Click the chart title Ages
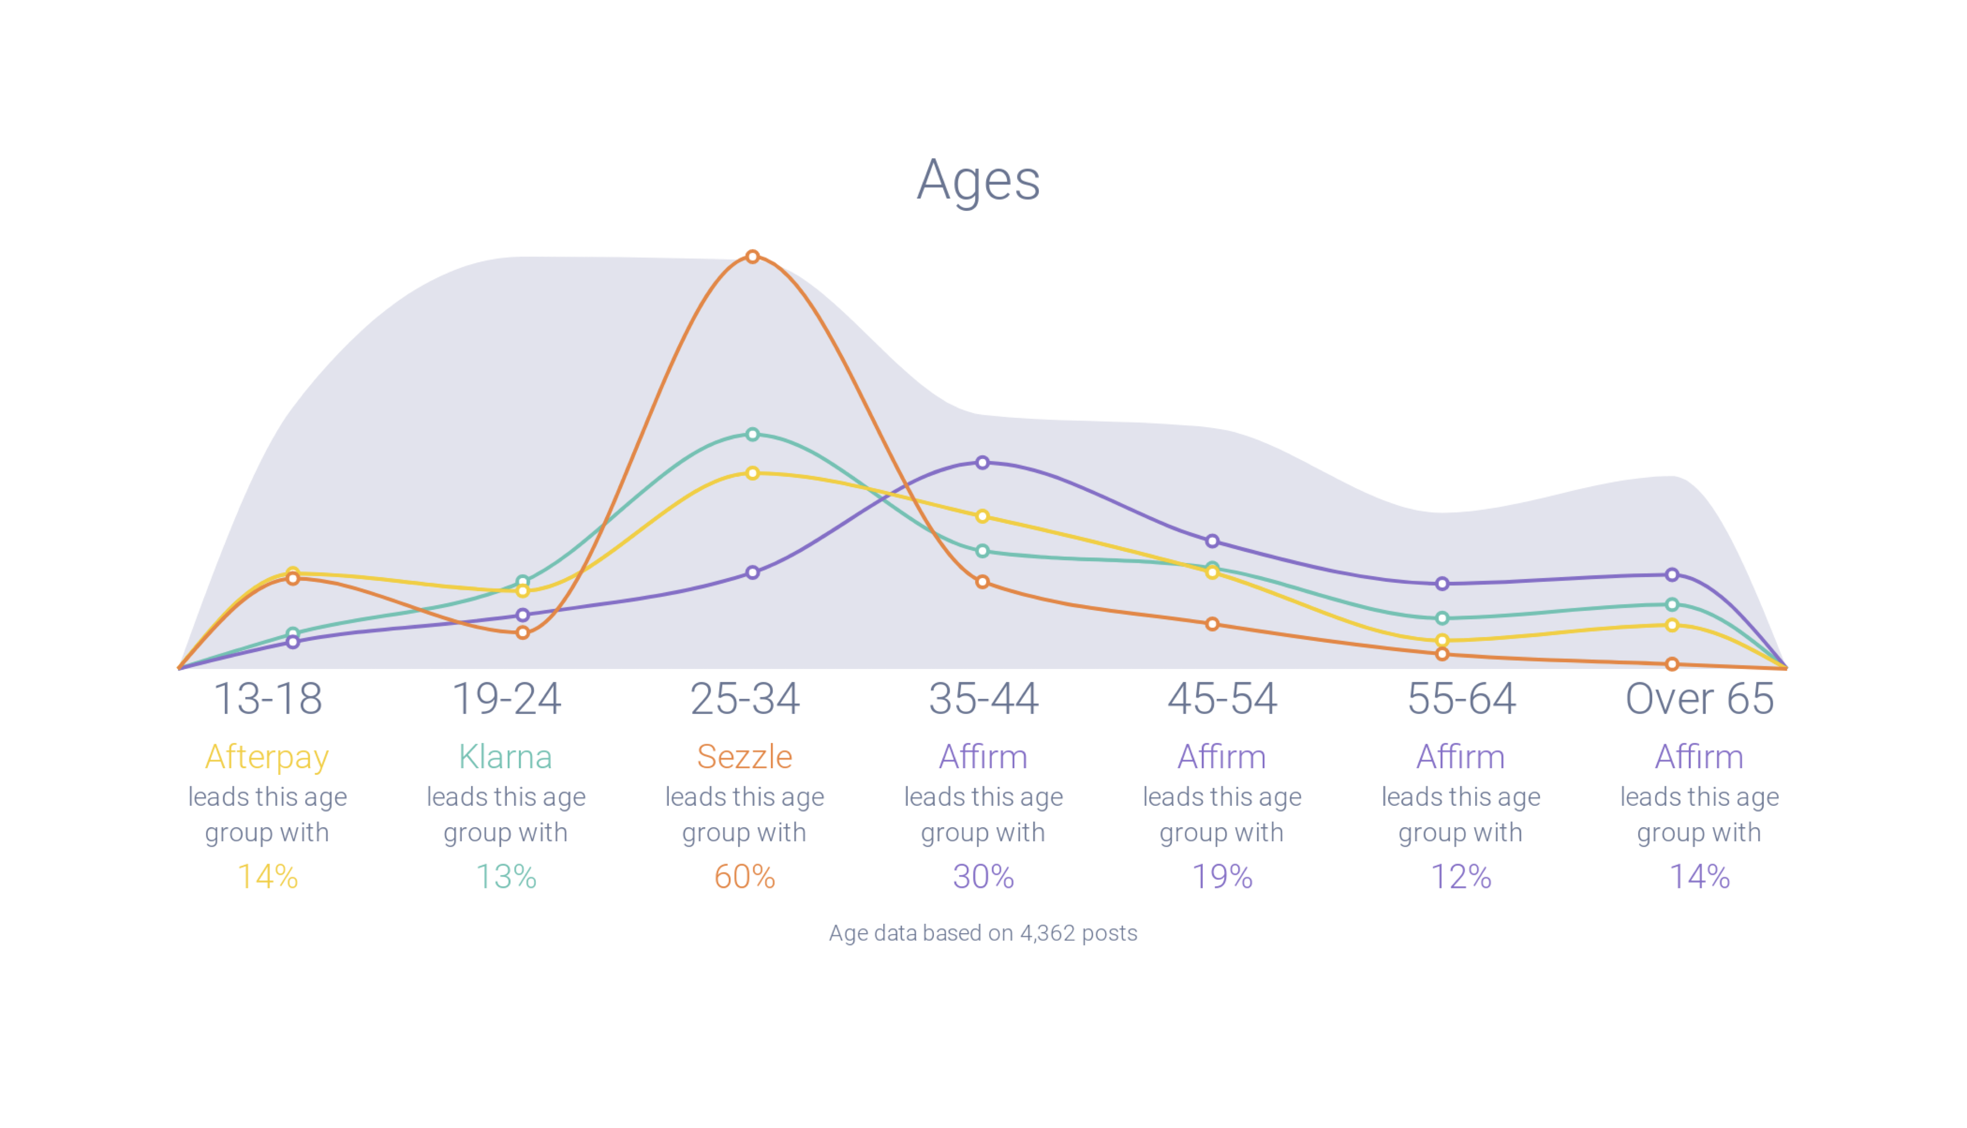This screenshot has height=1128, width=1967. tap(978, 180)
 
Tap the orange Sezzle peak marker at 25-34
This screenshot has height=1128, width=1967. tap(752, 256)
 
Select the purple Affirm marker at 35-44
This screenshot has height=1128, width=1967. tap(982, 463)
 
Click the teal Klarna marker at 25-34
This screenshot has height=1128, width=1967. tap(752, 434)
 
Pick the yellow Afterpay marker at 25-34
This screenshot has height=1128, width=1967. tap(752, 473)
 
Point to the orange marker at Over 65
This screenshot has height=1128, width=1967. tap(1672, 664)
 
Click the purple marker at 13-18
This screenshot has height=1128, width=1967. tap(293, 641)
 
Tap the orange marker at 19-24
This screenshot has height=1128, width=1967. tap(523, 633)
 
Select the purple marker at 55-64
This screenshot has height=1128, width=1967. tap(1442, 583)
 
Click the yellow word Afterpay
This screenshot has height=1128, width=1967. tap(267, 757)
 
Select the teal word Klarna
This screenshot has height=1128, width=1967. tap(506, 757)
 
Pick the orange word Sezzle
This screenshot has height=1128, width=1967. tap(744, 757)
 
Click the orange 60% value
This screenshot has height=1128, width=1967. tap(744, 877)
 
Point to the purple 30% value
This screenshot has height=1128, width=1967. tap(983, 877)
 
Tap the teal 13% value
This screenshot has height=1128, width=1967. tap(506, 877)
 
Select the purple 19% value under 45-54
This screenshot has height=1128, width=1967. tap(1222, 877)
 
